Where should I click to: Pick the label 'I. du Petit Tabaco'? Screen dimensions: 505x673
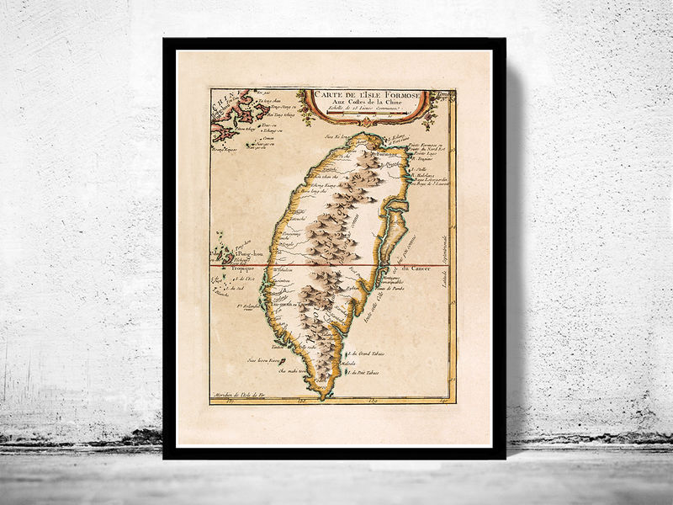pyautogui.click(x=363, y=373)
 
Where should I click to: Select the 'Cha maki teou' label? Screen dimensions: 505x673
pyautogui.click(x=283, y=370)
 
